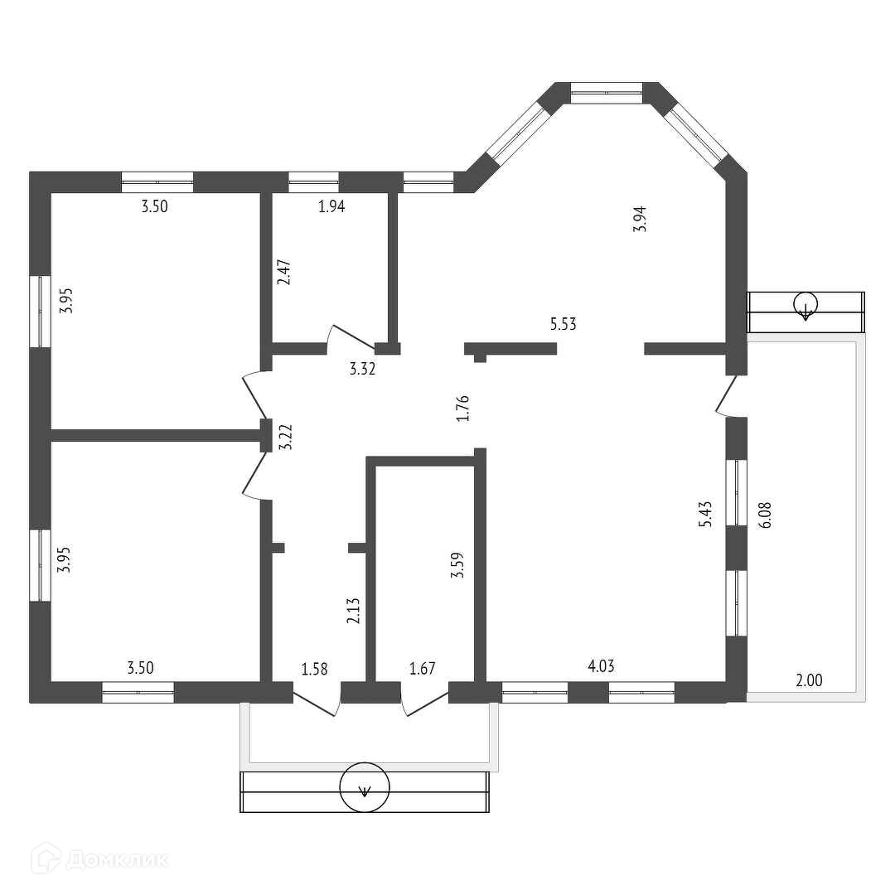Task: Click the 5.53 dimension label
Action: coord(563,324)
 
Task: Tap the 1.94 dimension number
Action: coord(331,207)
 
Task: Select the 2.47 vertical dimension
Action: coord(284,273)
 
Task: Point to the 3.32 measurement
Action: coord(362,370)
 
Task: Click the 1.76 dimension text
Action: coord(463,409)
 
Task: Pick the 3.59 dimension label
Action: coord(456,566)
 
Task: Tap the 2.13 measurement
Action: coord(353,611)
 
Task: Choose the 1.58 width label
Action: coord(315,669)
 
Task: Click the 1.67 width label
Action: coord(423,669)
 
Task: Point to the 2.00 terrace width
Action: coord(809,680)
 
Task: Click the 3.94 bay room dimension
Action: coord(639,218)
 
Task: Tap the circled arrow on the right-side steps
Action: coord(805,306)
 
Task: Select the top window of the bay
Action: coord(607,93)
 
